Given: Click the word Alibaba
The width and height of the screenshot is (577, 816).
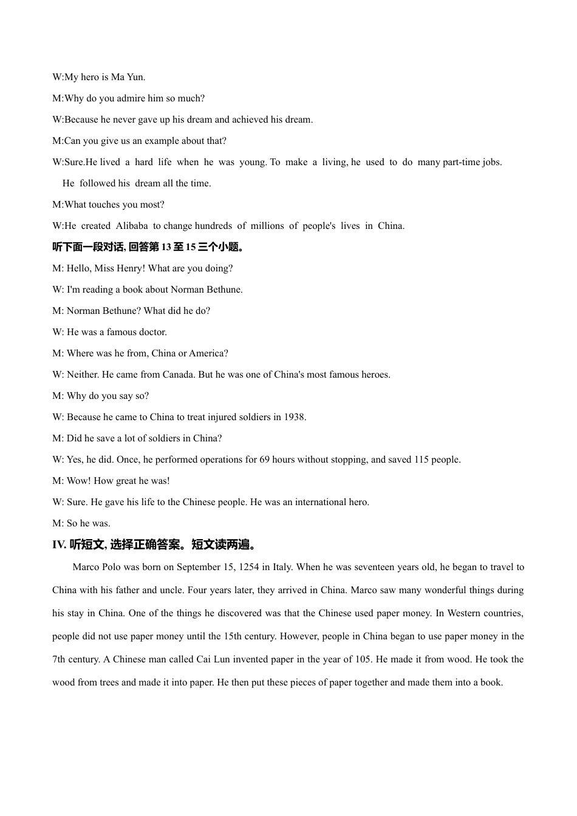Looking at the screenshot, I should pyautogui.click(x=131, y=226).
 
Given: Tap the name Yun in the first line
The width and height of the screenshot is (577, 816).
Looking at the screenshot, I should pyautogui.click(x=136, y=77).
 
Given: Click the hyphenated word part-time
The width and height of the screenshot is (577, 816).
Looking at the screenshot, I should pyautogui.click(x=462, y=162).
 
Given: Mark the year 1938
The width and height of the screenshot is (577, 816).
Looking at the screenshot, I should pyautogui.click(x=294, y=417).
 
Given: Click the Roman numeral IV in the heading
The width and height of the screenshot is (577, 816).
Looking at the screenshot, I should pyautogui.click(x=59, y=545).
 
